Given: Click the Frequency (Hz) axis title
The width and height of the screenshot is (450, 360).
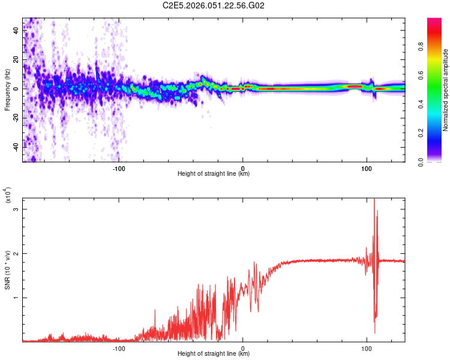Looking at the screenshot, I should point(7,90).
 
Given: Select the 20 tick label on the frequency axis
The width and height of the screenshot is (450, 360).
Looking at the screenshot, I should point(16,59).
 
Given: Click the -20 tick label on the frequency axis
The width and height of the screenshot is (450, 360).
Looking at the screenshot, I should point(16,117).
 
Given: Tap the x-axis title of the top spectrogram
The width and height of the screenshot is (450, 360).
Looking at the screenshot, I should point(214,174).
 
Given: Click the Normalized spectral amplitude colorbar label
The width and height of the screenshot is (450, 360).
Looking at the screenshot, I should point(445,90).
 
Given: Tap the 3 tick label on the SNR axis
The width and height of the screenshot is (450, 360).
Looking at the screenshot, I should point(16,209).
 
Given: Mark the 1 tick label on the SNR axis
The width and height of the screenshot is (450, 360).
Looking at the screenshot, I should point(16,297).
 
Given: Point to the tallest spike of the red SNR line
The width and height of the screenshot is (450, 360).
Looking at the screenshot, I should point(374,199).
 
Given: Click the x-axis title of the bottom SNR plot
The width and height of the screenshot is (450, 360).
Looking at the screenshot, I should point(214,354).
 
